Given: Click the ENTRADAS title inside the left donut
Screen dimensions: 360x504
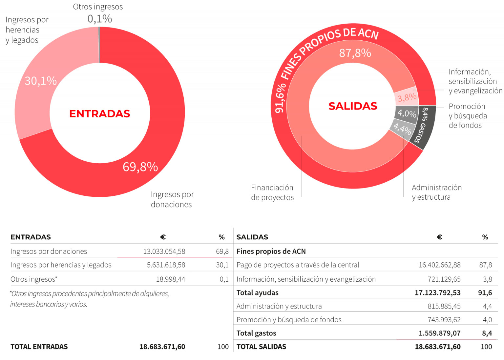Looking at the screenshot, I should click(100, 113).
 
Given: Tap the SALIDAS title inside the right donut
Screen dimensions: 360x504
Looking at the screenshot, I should click(353, 106).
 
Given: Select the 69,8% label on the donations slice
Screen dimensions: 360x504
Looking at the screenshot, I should click(140, 167).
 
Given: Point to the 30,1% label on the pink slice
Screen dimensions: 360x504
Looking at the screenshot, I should click(41, 81).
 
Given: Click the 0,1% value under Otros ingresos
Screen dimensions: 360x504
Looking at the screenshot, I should click(100, 19).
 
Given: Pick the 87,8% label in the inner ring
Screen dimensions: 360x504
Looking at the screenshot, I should click(355, 53).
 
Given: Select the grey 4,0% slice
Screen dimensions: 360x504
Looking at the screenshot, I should click(407, 114).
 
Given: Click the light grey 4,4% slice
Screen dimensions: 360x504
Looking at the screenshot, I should click(402, 129).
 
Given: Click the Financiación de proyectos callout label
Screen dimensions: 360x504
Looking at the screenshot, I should click(272, 192).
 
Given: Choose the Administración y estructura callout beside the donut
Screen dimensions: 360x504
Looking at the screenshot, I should click(436, 192).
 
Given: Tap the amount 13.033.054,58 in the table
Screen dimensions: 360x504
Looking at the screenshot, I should click(164, 251).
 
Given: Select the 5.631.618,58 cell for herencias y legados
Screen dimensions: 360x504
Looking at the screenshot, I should click(166, 265).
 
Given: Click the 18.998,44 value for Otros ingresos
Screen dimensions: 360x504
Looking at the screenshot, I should click(170, 279).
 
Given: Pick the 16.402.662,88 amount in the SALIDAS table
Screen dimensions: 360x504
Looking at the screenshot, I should click(439, 265).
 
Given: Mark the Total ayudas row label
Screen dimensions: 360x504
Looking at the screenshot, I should click(258, 293).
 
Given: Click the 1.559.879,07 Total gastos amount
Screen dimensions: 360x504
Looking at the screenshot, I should click(439, 333).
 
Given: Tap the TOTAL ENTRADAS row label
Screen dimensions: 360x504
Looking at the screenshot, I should click(39, 347).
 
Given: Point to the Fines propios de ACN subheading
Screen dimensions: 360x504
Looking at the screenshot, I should click(271, 251).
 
